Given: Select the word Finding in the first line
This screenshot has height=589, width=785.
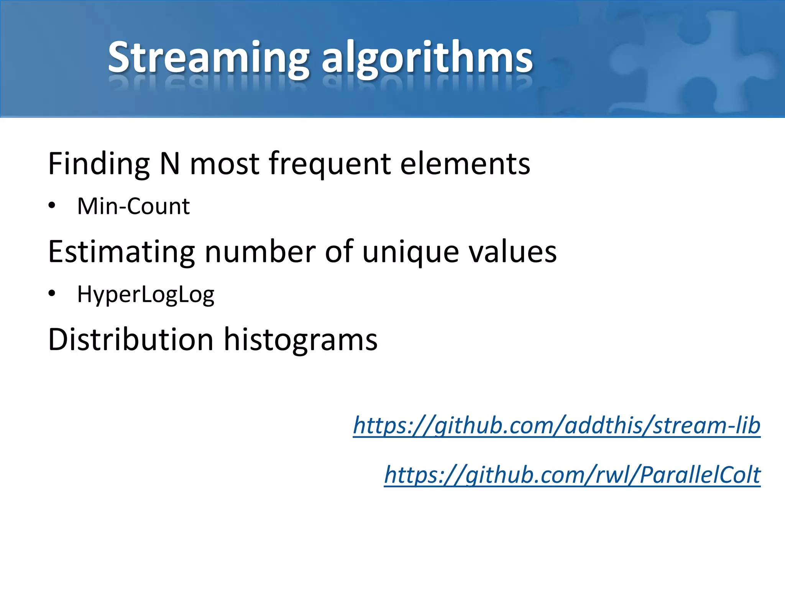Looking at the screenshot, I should [x=99, y=164].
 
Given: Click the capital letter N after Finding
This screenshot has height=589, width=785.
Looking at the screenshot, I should [x=169, y=164].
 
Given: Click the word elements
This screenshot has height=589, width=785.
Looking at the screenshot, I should [x=465, y=164].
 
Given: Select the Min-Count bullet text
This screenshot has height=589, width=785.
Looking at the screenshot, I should [x=133, y=206].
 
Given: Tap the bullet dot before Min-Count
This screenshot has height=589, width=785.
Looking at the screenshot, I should [x=52, y=206].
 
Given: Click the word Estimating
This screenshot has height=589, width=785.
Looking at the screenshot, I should [x=122, y=252].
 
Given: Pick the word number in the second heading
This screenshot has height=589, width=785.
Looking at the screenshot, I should [x=260, y=252].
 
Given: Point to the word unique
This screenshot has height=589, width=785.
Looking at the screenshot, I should [x=410, y=252].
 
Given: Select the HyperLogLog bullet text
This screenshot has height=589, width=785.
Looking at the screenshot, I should [x=146, y=294].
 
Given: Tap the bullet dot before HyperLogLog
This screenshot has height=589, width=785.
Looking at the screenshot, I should [x=52, y=294].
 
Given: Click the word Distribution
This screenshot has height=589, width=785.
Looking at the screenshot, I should [x=130, y=340].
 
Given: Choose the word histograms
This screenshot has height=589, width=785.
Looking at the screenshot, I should [x=301, y=340].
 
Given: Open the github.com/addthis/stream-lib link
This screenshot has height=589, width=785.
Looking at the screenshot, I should [x=557, y=426].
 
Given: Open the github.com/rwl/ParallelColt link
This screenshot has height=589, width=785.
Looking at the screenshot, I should [x=572, y=475].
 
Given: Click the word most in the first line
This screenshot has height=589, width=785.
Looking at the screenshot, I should [x=225, y=164].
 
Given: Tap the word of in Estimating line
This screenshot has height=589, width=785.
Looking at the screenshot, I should [x=339, y=252].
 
